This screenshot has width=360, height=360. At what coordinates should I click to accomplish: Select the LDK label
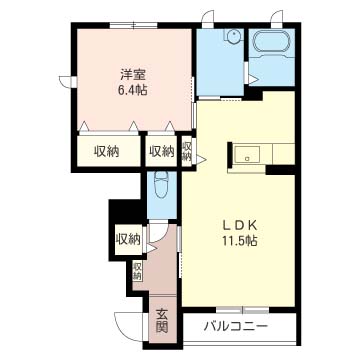point(238,224)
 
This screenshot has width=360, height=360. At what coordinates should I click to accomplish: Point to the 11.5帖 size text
point(238,241)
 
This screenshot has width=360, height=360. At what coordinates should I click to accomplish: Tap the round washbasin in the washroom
point(232,38)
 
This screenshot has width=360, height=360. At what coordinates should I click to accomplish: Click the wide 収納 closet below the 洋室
point(106,151)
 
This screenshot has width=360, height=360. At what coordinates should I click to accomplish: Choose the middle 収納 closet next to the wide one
point(160,151)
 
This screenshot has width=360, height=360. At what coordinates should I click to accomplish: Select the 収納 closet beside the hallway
point(127,238)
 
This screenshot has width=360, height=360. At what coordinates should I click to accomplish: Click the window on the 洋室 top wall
point(131,22)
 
